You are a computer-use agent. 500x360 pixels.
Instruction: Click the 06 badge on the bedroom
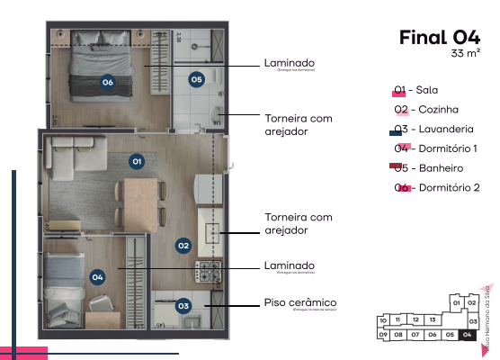(107, 82)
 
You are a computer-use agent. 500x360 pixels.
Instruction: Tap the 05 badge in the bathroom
(197, 79)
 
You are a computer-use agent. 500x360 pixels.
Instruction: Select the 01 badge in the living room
(137, 161)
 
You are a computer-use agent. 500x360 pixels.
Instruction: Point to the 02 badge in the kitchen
(183, 244)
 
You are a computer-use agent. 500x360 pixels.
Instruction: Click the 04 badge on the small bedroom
(97, 277)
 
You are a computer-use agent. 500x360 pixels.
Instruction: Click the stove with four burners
(210, 269)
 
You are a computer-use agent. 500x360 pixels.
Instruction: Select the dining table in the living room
(138, 195)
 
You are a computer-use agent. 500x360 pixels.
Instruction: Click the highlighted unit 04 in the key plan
(466, 335)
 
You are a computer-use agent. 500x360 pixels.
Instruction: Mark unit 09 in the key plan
(382, 335)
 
